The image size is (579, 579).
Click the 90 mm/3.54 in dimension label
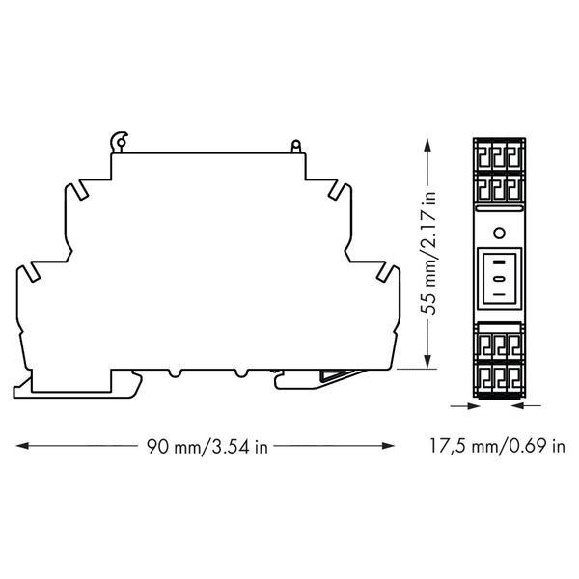tap(207, 447)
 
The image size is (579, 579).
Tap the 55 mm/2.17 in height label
tap(428, 253)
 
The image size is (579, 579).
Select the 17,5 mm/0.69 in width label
tap(497, 446)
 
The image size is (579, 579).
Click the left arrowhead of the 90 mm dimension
tap(23, 446)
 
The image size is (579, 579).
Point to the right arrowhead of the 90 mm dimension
tap(388, 446)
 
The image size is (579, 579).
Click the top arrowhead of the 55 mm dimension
tap(427, 145)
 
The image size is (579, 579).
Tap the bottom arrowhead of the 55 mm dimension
tap(427, 361)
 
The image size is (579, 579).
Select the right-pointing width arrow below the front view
tap(464, 406)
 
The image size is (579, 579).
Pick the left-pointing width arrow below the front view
tap(527, 406)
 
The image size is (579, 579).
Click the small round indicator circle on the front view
tap(499, 234)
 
